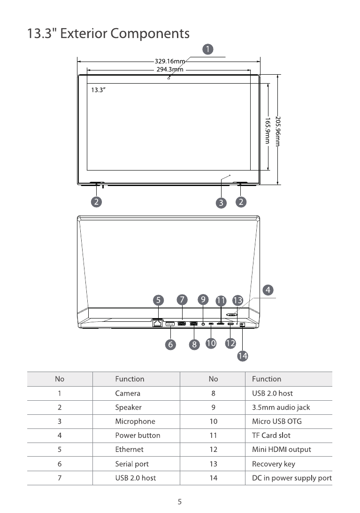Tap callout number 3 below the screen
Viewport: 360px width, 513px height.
tap(221, 203)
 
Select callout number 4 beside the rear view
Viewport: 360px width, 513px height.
tap(268, 290)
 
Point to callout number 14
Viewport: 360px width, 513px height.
tap(242, 356)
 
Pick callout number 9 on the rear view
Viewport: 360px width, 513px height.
tap(203, 299)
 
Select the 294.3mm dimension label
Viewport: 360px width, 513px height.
tap(169, 70)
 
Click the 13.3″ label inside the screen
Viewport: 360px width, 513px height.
tap(98, 90)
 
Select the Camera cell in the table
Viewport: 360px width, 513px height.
tap(128, 393)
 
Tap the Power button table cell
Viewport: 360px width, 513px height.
tap(138, 435)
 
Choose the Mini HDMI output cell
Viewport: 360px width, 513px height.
tap(281, 450)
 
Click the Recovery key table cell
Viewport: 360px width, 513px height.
tap(273, 464)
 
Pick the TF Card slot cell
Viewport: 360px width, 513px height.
tap(271, 435)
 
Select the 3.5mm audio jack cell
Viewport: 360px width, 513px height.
tap(281, 407)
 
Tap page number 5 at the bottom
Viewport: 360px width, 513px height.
tap(180, 501)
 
